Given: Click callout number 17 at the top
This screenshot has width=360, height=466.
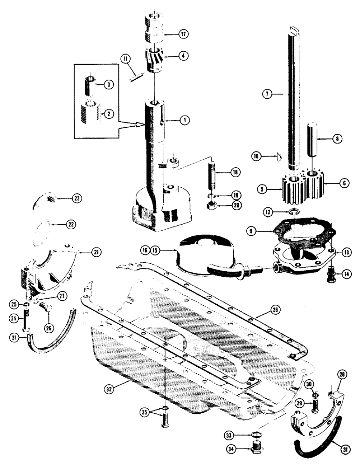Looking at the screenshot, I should [182, 34].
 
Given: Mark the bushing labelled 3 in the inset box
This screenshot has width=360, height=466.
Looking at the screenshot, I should [90, 85].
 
